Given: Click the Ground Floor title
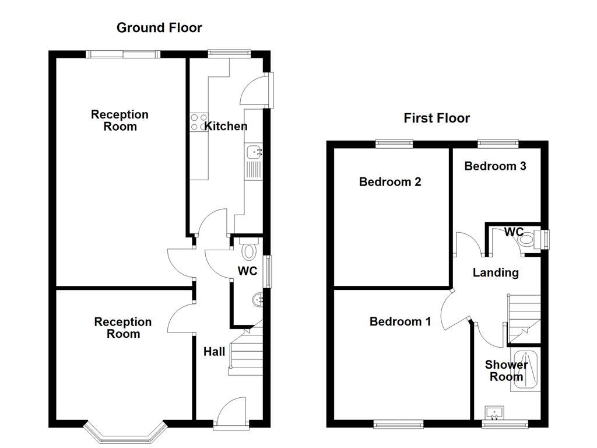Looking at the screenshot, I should [159, 27].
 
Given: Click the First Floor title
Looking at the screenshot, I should [437, 118].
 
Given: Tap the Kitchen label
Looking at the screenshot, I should [226, 126].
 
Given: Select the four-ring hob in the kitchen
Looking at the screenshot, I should [198, 122].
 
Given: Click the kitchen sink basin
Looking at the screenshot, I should [254, 152].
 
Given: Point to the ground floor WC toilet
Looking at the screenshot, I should [249, 250].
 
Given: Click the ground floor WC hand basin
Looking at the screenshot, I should [257, 300].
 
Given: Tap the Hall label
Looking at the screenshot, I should [214, 352].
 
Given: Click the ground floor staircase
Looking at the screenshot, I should [245, 348].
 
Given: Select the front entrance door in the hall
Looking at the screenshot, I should [231, 412].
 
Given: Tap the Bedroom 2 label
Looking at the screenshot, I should [390, 182].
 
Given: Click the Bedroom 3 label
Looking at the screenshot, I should [495, 166].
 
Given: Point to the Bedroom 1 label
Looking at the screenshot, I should [400, 321].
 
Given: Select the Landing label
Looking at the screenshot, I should [495, 272].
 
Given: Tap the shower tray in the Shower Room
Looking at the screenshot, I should [526, 369].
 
